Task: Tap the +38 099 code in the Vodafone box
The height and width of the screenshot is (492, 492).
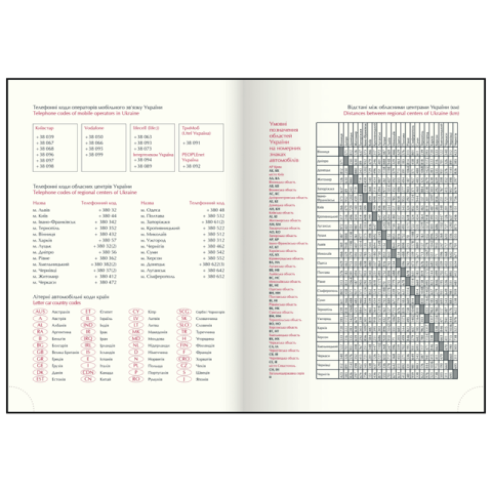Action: coord(95,153)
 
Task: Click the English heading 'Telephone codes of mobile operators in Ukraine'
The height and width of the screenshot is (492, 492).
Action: coord(86,114)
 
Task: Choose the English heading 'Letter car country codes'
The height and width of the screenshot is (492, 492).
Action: coord(57,303)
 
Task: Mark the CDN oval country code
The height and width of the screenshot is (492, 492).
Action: coord(88,372)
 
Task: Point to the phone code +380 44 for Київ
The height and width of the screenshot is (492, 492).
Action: coord(109,216)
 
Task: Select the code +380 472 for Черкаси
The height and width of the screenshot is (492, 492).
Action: coord(108,282)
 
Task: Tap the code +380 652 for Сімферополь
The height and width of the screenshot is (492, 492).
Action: coord(216,276)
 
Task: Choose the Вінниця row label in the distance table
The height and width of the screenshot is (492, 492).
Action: coord(323,151)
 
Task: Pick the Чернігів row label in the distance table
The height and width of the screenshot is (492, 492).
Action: coord(324,374)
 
